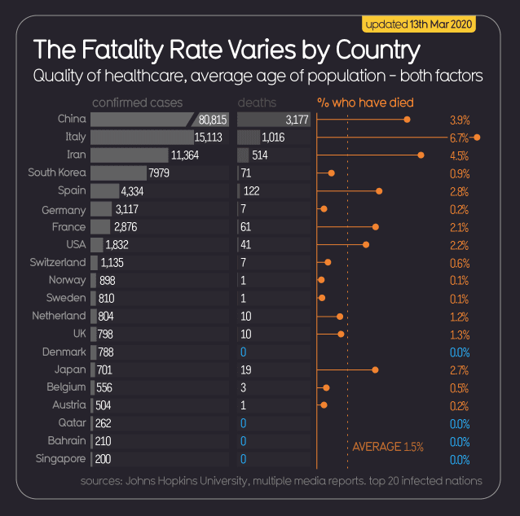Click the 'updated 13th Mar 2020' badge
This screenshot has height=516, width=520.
pyautogui.click(x=418, y=24)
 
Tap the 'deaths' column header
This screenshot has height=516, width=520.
pyautogui.click(x=257, y=103)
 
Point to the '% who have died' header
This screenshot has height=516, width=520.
pyautogui.click(x=365, y=103)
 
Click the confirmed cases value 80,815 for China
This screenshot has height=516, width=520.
pyautogui.click(x=212, y=120)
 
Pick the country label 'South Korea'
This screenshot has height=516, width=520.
pyautogui.click(x=56, y=173)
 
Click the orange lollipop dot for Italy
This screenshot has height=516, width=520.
pyautogui.click(x=477, y=138)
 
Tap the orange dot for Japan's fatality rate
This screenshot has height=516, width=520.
pyautogui.click(x=375, y=370)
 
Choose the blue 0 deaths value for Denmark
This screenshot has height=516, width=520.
pyautogui.click(x=243, y=352)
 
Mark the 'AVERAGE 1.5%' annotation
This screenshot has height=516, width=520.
pyautogui.click(x=387, y=447)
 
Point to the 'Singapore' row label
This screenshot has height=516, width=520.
pyautogui.click(x=60, y=459)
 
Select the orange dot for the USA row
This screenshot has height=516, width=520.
pyautogui.click(x=366, y=244)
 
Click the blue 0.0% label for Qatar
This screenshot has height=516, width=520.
pyautogui.click(x=460, y=423)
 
